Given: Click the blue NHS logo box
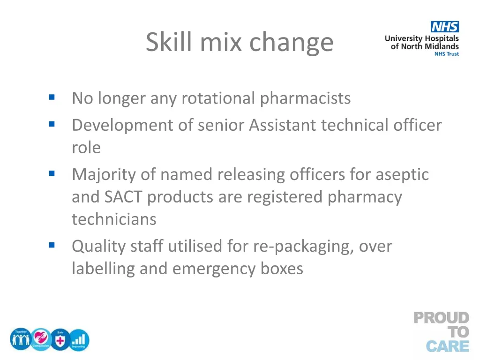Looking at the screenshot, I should coord(445,27).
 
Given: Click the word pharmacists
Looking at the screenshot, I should coord(305,98).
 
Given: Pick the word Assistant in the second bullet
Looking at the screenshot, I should coord(283,125).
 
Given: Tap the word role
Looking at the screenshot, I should coord(86,147).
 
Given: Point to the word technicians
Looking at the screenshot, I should coord(114,219).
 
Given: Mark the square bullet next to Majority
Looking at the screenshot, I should coord(52,174).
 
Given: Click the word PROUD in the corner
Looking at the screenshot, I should coord(441,318).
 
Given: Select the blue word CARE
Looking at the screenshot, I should coord(447,346).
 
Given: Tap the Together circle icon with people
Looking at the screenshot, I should coord(20,339).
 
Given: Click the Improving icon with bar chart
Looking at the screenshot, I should coord(79,339).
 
